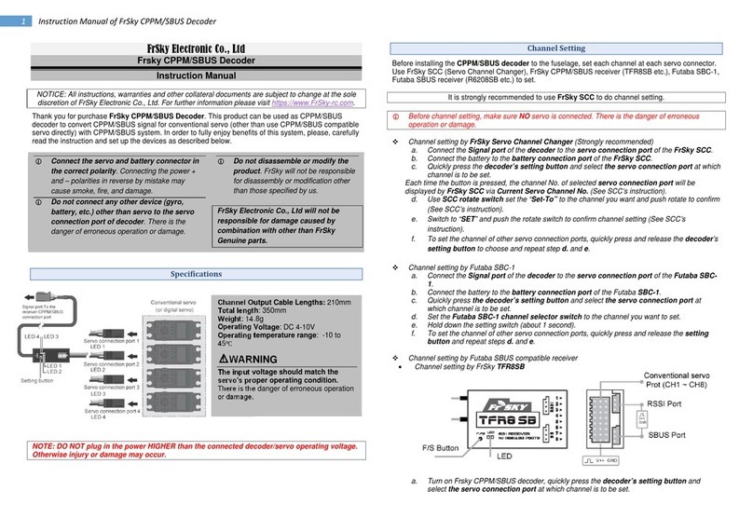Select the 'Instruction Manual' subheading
point(188,75)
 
